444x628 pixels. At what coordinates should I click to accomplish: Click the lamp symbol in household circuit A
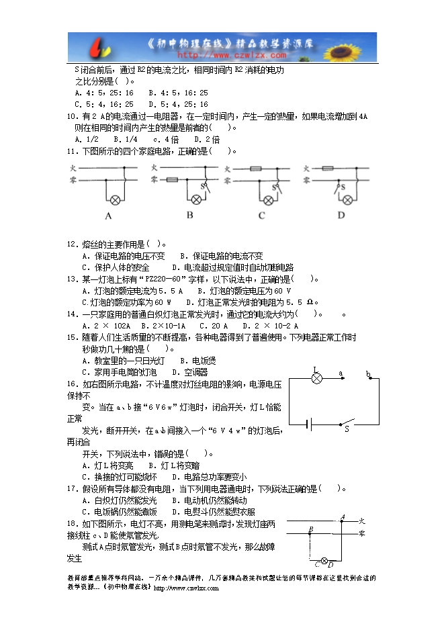tap(115, 199)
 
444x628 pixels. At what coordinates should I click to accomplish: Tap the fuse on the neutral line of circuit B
tap(172, 180)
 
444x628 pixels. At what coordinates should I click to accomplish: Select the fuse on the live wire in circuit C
tap(255, 169)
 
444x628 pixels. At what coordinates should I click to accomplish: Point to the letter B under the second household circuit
tap(190, 215)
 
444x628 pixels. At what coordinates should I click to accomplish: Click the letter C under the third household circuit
tap(262, 215)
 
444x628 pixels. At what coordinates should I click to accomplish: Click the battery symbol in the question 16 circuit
tap(308, 424)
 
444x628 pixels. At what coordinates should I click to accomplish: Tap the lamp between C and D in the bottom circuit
tap(324, 561)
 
